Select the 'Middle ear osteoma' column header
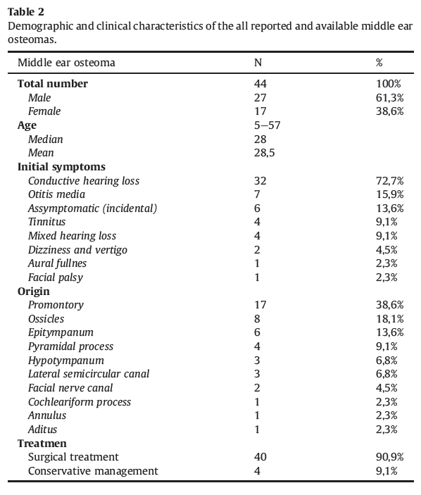click(x=66, y=63)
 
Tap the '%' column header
click(x=379, y=63)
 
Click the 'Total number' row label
click(x=53, y=84)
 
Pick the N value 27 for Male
click(x=260, y=98)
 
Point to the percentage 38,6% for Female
click(x=389, y=111)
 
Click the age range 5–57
click(x=267, y=125)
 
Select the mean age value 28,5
click(x=262, y=153)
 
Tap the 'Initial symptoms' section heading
click(x=61, y=167)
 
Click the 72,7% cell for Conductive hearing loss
click(x=389, y=181)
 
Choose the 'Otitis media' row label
click(x=56, y=194)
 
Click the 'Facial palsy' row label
click(x=56, y=277)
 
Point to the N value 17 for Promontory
click(x=260, y=305)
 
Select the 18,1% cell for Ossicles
click(x=389, y=319)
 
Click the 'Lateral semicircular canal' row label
click(x=89, y=374)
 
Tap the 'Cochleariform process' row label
click(x=80, y=402)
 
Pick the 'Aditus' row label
click(x=43, y=430)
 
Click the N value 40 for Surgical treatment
click(x=260, y=457)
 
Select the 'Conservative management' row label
click(x=93, y=471)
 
